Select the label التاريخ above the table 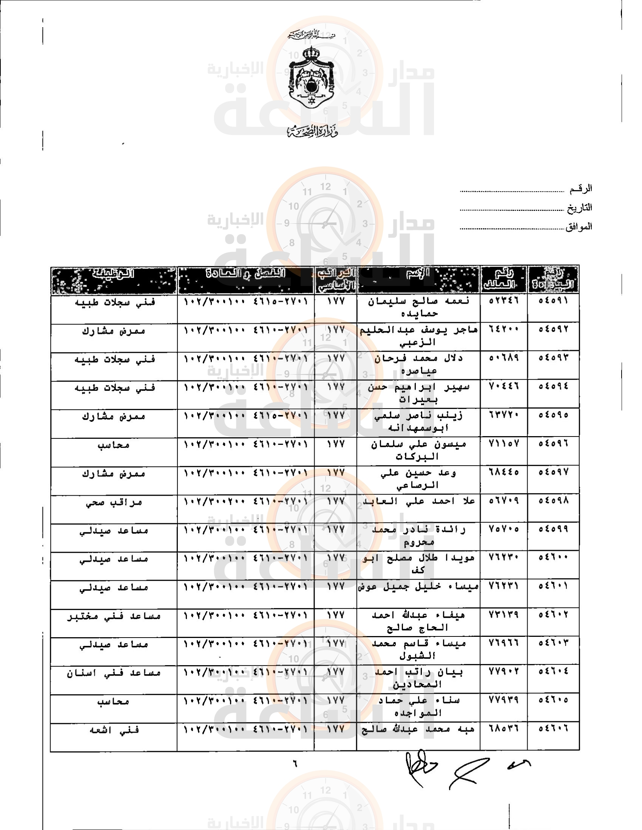[580, 208]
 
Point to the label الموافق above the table [579, 227]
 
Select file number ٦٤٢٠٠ [503, 329]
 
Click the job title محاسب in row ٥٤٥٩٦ [113, 445]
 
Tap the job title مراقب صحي [113, 503]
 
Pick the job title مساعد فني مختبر [113, 616]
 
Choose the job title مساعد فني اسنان [113, 673]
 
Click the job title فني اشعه [113, 730]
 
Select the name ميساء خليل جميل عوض [418, 587]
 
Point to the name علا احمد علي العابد [418, 502]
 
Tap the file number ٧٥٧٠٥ [503, 529]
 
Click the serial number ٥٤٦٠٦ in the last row [553, 729]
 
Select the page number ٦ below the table [295, 763]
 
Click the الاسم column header [418, 273]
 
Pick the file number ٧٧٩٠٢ [503, 672]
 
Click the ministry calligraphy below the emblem [312, 132]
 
